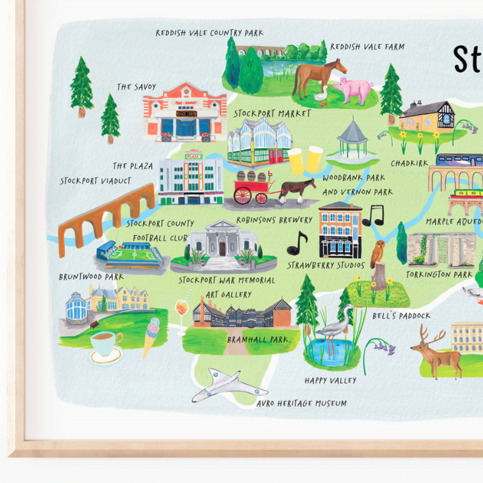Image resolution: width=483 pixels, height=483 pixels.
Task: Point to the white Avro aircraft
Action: pos(227,385)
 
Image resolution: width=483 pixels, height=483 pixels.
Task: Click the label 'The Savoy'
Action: pos(136,87)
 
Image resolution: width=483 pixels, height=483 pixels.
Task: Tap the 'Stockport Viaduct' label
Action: pos(95,181)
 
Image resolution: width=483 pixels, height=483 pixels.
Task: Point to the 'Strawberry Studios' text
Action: pos(326,265)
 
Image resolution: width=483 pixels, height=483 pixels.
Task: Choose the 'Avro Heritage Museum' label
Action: pos(301,403)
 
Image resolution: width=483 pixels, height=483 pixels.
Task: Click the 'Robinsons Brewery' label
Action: pos(274,220)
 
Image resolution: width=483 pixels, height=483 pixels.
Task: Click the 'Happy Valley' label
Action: pos(330,380)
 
